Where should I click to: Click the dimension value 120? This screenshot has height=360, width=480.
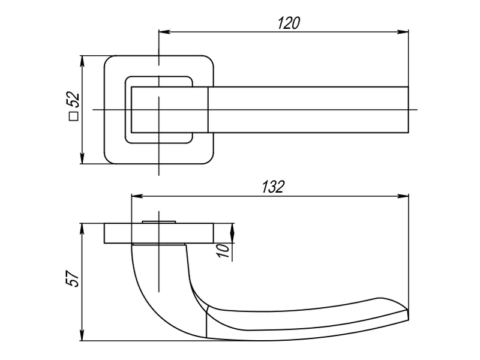[289, 23]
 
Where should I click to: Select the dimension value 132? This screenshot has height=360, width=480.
[273, 187]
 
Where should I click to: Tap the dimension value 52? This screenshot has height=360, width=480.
[73, 100]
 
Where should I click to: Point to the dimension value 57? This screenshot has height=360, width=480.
[72, 278]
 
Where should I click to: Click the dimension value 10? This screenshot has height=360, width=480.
[223, 251]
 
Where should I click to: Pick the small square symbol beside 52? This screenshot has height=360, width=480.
[74, 116]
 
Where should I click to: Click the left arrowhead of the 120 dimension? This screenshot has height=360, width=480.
[164, 32]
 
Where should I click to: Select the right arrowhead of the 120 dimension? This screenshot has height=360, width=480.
[403, 32]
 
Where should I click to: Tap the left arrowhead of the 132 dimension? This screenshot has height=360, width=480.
[137, 196]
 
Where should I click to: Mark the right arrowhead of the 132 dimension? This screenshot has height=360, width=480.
[403, 196]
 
